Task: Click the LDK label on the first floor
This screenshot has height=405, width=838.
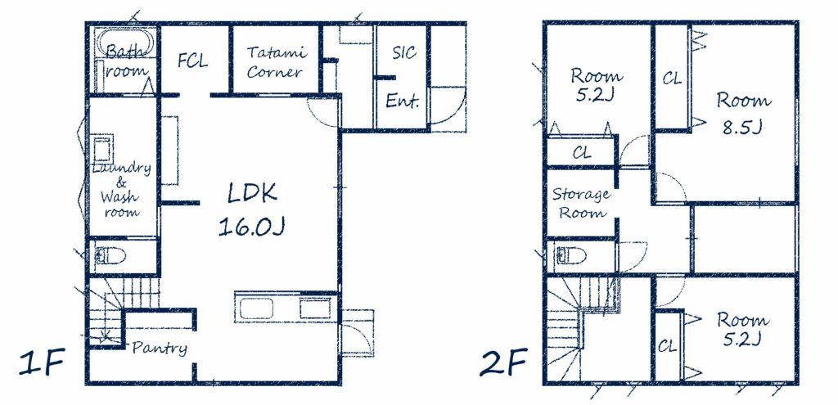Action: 252,193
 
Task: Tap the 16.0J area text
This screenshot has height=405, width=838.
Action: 251,227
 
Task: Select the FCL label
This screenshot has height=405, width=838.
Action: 192,61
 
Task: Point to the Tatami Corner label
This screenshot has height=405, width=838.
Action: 276,62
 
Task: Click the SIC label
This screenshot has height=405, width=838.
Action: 403,52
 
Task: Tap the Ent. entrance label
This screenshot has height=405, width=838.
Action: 402,100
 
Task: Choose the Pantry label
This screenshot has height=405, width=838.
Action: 160,349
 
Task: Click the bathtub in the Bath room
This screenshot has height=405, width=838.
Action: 125,43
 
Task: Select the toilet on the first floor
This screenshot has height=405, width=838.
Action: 110,256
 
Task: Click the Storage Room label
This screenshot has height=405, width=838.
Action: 582,204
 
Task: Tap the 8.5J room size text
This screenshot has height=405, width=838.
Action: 741,128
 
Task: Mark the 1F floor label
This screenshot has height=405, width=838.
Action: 43,362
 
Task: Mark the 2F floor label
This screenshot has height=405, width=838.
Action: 503,362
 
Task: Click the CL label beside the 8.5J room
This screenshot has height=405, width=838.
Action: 672,79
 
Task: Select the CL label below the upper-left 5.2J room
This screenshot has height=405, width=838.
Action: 582,153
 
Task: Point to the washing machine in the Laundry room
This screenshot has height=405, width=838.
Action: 103,148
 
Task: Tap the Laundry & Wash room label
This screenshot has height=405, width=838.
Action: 121,190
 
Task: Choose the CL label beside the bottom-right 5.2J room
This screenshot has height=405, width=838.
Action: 667,346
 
